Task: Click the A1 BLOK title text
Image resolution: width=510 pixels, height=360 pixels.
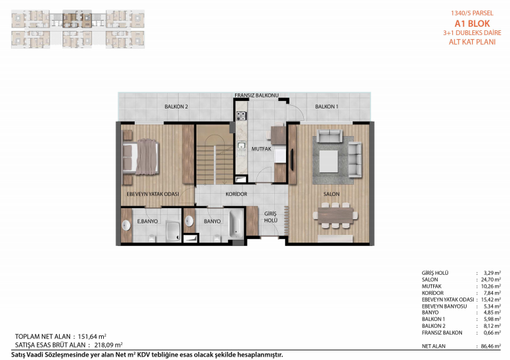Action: [472, 23]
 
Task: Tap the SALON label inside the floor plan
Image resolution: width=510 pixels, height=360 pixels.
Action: [331, 194]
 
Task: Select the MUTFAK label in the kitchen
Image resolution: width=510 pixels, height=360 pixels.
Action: [261, 149]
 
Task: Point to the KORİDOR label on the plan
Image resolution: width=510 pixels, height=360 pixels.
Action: [236, 194]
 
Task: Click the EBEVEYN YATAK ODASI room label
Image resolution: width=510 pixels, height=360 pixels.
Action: [153, 194]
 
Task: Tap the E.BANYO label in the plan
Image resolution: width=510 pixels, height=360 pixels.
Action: [147, 221]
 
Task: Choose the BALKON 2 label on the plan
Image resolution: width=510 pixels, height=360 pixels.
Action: [176, 106]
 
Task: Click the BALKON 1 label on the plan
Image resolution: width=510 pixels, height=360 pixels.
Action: [326, 106]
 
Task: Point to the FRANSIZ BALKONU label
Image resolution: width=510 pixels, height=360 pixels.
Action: [256, 95]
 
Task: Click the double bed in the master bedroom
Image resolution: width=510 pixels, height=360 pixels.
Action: [140, 157]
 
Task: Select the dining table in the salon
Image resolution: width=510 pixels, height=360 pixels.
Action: [335, 215]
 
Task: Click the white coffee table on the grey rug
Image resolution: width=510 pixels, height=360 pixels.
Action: [329, 161]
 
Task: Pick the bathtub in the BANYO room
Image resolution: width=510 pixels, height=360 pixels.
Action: [236, 224]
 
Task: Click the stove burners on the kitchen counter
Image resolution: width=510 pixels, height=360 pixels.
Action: [241, 116]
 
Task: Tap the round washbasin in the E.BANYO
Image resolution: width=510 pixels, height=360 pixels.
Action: [126, 225]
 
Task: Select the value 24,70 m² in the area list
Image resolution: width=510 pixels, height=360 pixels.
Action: [491, 280]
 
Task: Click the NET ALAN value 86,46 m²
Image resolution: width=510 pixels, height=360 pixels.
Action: [491, 346]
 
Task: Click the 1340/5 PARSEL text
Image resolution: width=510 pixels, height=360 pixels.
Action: [472, 13]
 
